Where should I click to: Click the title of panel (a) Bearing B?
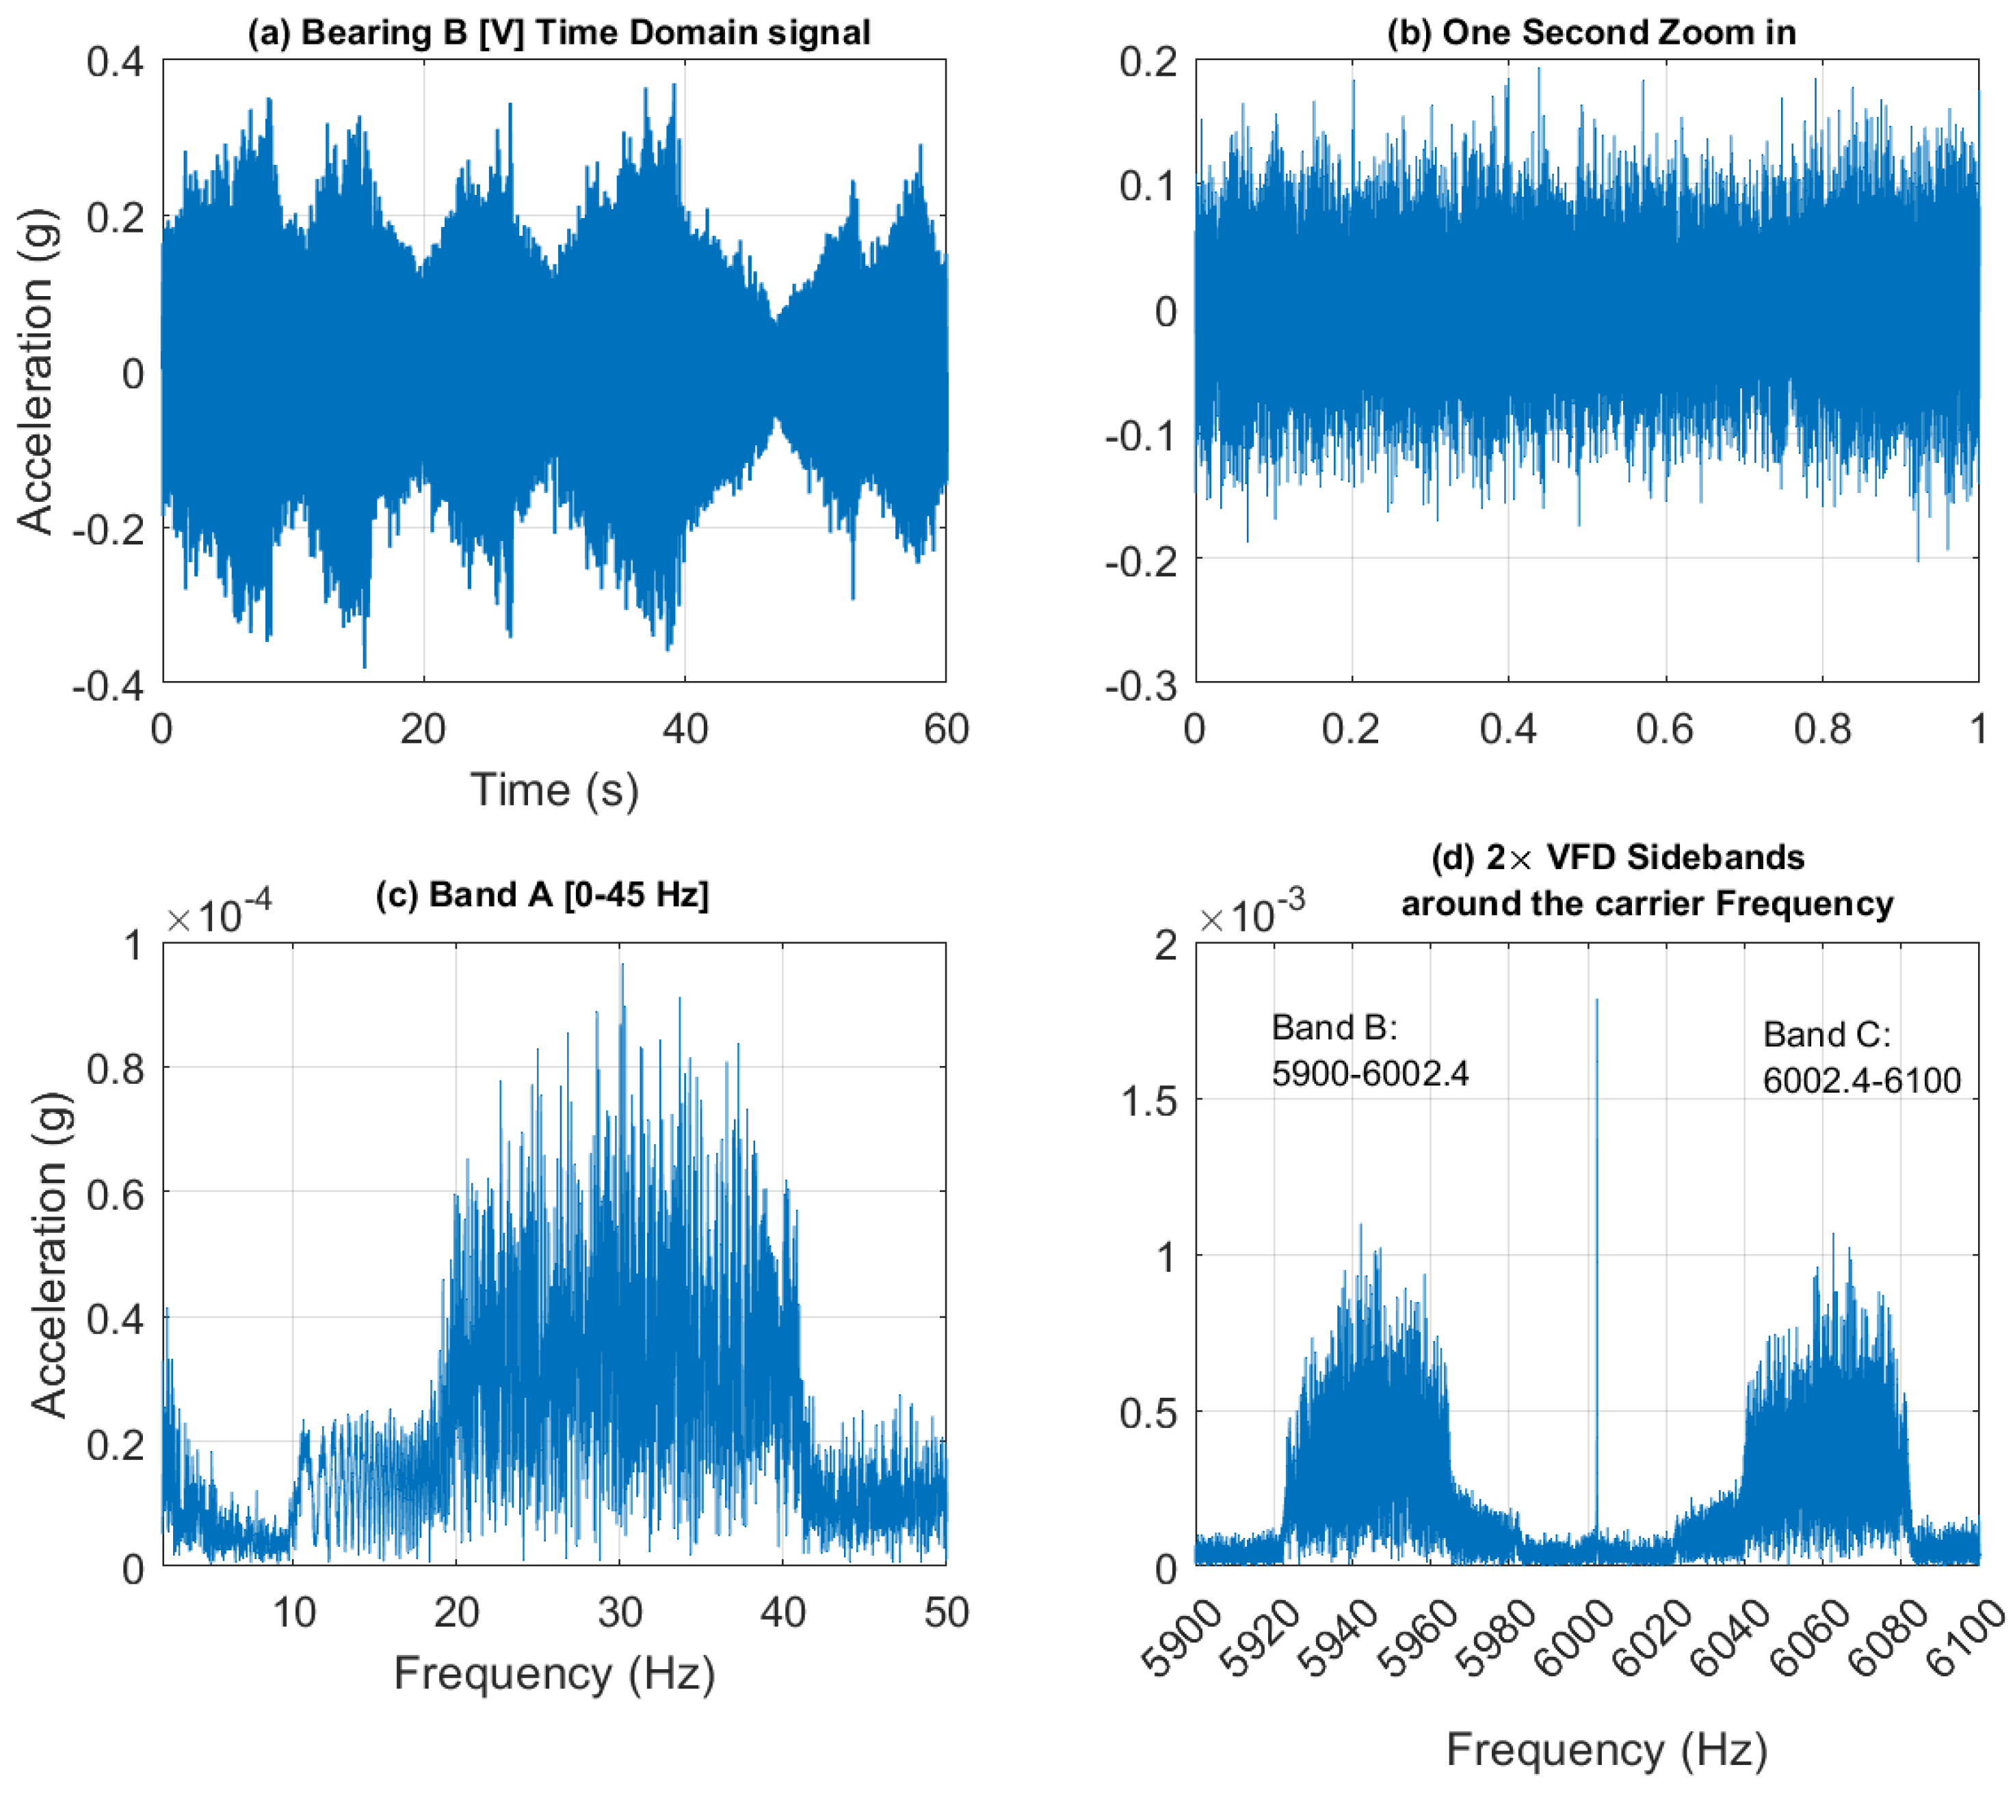[x=559, y=33]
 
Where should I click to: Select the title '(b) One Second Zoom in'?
[x=1591, y=33]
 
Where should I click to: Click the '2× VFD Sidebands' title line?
[x=1618, y=858]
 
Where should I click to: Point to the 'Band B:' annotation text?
[x=1334, y=1027]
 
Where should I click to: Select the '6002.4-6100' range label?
[x=1861, y=1080]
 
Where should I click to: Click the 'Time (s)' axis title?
[x=554, y=791]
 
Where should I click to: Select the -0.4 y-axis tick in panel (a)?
[x=109, y=686]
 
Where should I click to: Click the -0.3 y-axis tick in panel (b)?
[x=1142, y=686]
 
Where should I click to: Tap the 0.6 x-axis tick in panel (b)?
[x=1665, y=730]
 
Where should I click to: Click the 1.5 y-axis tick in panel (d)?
[x=1150, y=1101]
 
